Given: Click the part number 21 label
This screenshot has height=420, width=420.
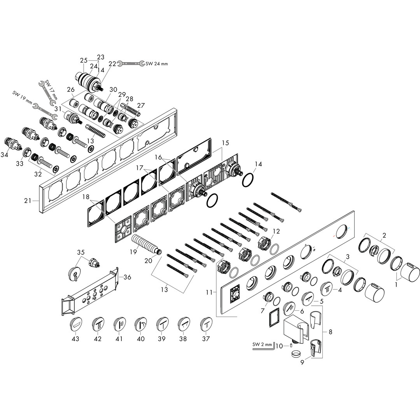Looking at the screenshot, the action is click(x=28, y=200).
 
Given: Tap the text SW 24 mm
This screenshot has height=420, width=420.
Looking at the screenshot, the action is click(x=157, y=64).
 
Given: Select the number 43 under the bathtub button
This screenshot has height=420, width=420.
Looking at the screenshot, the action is click(x=75, y=339).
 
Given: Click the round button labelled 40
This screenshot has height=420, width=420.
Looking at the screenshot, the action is click(x=141, y=324).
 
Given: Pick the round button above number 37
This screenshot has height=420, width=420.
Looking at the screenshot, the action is click(x=206, y=324).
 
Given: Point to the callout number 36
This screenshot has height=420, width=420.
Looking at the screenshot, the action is click(x=127, y=277).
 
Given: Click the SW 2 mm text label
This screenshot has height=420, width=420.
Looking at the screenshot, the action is click(x=262, y=345).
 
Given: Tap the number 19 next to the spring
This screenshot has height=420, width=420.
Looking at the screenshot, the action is click(x=133, y=252).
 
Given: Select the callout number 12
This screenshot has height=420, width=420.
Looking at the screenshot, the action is click(x=276, y=231).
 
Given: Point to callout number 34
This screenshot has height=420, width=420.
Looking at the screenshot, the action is click(x=5, y=154).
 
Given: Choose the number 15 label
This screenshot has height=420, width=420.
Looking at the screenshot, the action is click(x=225, y=143).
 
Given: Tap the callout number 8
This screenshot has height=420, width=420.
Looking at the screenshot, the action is click(x=330, y=332).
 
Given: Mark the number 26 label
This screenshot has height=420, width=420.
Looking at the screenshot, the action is click(x=71, y=89).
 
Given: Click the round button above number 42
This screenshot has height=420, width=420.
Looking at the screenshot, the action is click(x=98, y=324).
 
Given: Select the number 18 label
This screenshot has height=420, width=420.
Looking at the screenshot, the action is click(x=86, y=197).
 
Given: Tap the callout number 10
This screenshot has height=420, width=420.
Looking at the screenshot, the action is click(x=279, y=346).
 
